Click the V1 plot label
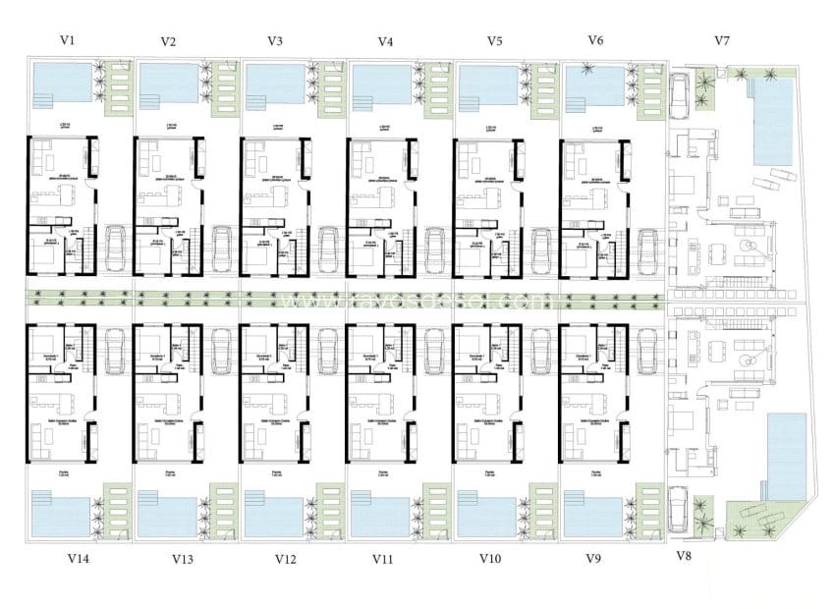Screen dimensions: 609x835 (x=67, y=40)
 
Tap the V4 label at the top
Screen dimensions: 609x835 (x=385, y=41)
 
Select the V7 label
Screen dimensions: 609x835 (x=722, y=40)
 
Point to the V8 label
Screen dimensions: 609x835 (x=685, y=556)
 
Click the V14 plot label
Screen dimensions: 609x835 (x=79, y=559)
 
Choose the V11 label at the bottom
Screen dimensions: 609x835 (x=383, y=559)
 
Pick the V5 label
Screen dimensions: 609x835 (x=495, y=41)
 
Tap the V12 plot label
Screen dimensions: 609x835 (x=285, y=559)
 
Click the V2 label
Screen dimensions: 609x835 (x=168, y=41)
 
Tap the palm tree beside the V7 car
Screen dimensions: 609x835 (x=704, y=85)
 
